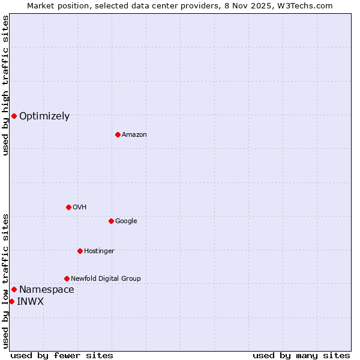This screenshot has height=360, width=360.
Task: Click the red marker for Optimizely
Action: pyautogui.click(x=14, y=116)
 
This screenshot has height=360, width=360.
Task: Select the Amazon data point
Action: pyautogui.click(x=118, y=134)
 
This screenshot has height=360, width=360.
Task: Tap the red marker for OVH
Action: pyautogui.click(x=68, y=207)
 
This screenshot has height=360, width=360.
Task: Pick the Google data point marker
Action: pyautogui.click(x=111, y=221)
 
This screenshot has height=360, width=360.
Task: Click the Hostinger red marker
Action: pyautogui.click(x=80, y=251)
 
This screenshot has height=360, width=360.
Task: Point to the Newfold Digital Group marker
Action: pyautogui.click(x=67, y=278)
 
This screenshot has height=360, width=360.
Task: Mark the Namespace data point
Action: pyautogui.click(x=14, y=289)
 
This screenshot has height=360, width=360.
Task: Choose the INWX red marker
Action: pyautogui.click(x=11, y=301)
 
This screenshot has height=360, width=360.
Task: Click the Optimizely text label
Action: pyautogui.click(x=44, y=116)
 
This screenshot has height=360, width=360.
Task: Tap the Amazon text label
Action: pyautogui.click(x=134, y=135)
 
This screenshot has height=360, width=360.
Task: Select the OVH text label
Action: pyautogui.click(x=80, y=208)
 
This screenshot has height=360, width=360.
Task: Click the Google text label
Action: pyautogui.click(x=126, y=221)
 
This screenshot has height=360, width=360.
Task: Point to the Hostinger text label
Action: pyautogui.click(x=99, y=251)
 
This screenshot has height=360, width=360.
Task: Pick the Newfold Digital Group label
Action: pyautogui.click(x=106, y=279)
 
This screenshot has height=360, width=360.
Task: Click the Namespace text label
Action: pyautogui.click(x=47, y=290)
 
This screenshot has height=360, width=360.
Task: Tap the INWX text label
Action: pyautogui.click(x=31, y=302)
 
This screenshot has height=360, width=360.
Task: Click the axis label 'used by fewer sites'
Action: pyautogui.click(x=62, y=356)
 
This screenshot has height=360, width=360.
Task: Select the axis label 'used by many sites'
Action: pyautogui.click(x=301, y=356)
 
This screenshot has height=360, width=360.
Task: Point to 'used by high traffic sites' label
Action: pyautogui.click(x=5, y=85)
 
